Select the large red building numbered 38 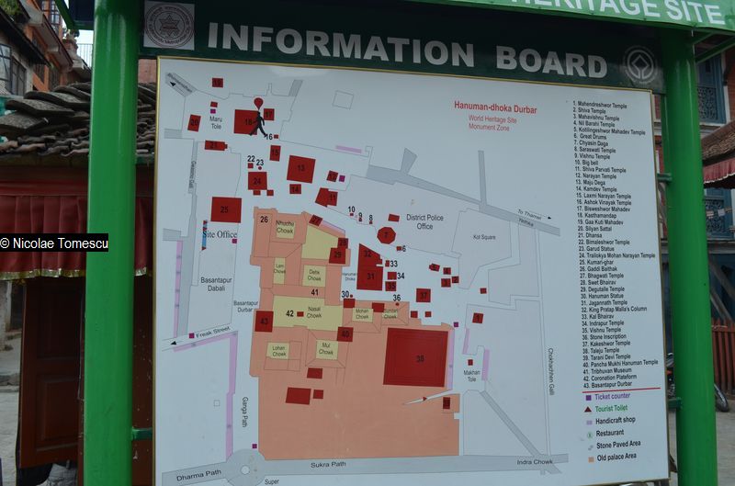(415, 357)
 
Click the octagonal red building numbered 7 (386, 235)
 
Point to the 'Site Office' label (220, 235)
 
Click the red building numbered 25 (225, 210)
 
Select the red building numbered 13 (300, 169)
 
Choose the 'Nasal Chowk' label (314, 313)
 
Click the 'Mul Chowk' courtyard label (326, 349)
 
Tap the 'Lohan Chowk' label (279, 351)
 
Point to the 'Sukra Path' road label (326, 465)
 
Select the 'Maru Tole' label (216, 122)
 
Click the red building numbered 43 (264, 321)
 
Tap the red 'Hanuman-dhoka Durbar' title (495, 107)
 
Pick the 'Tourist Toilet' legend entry (617, 409)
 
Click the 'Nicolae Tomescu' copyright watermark (54, 243)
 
